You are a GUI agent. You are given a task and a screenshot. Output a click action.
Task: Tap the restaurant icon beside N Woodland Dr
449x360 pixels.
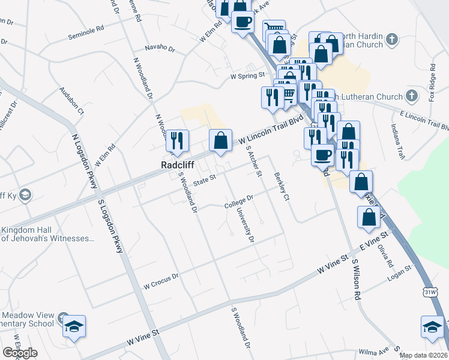click(177, 140)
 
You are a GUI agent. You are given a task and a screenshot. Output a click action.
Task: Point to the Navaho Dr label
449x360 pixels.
click(160, 49)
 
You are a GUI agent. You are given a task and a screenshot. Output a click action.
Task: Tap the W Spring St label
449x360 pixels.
click(247, 76)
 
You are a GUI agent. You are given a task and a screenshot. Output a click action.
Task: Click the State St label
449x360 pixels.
click(203, 178)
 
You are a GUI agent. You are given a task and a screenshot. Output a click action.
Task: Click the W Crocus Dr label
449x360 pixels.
click(161, 278)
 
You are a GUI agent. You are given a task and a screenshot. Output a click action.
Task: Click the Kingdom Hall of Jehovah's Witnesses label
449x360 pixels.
click(47, 234)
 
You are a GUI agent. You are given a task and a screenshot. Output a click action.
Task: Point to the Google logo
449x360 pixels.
click(20, 353)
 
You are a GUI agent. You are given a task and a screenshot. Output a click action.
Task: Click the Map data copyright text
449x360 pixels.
click(423, 355)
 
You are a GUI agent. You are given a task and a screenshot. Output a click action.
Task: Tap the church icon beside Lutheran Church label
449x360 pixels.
click(412, 96)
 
